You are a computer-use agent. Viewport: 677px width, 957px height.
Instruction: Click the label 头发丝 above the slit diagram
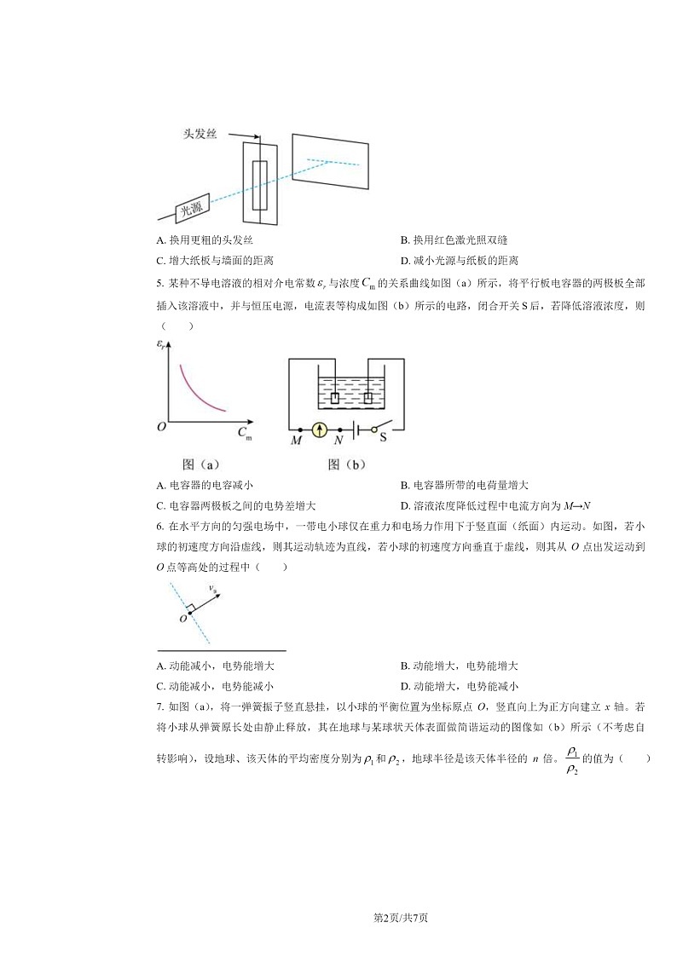203,135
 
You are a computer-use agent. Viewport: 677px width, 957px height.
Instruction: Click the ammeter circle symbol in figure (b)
319,429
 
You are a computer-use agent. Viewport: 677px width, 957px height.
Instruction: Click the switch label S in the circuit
383,439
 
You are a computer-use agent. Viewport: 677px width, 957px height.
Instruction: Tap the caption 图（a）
201,464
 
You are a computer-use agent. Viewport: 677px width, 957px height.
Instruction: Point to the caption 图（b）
346,464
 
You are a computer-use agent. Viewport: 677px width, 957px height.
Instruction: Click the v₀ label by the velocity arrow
212,586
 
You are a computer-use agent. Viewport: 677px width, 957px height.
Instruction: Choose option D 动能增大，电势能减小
460,686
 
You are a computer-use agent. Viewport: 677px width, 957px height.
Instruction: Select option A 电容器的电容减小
205,485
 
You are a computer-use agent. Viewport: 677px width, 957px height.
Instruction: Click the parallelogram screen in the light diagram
330,160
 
